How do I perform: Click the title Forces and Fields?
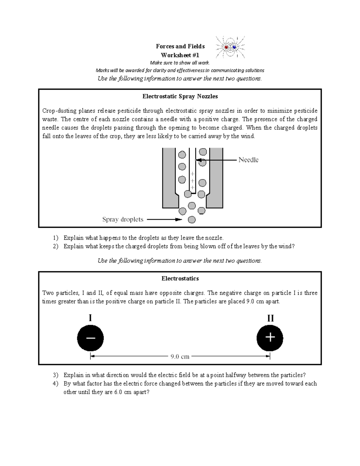click(180, 46)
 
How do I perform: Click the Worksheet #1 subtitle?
click(180, 55)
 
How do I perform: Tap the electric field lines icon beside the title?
click(230, 47)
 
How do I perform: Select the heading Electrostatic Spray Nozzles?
click(180, 96)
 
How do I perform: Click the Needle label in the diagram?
click(248, 160)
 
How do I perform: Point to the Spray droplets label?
click(123, 219)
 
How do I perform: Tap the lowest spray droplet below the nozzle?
click(192, 220)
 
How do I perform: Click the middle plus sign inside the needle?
click(192, 181)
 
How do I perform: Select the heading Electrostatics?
click(180, 278)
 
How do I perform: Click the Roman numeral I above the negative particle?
click(90, 318)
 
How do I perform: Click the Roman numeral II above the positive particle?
click(270, 318)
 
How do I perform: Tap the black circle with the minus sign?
click(90, 338)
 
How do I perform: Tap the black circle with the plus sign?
click(270, 338)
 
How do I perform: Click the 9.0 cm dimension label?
click(180, 356)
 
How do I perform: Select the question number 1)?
click(55, 238)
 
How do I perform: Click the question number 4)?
click(55, 383)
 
